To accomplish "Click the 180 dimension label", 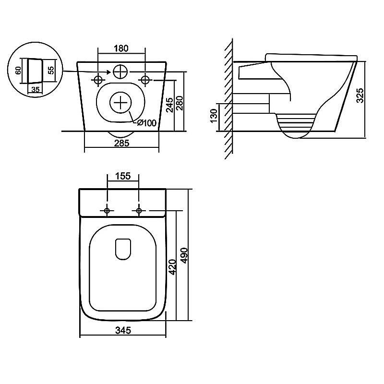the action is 121,48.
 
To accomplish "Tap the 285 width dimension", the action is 122,143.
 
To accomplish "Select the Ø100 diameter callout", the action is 146,122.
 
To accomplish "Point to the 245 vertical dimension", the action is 169,105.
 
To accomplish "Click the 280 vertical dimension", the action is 180,103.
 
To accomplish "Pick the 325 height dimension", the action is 360,96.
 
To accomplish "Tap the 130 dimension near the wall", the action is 214,116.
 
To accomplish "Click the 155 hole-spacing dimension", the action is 123,176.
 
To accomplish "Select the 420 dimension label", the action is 173,267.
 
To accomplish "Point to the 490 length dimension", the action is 184,256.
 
